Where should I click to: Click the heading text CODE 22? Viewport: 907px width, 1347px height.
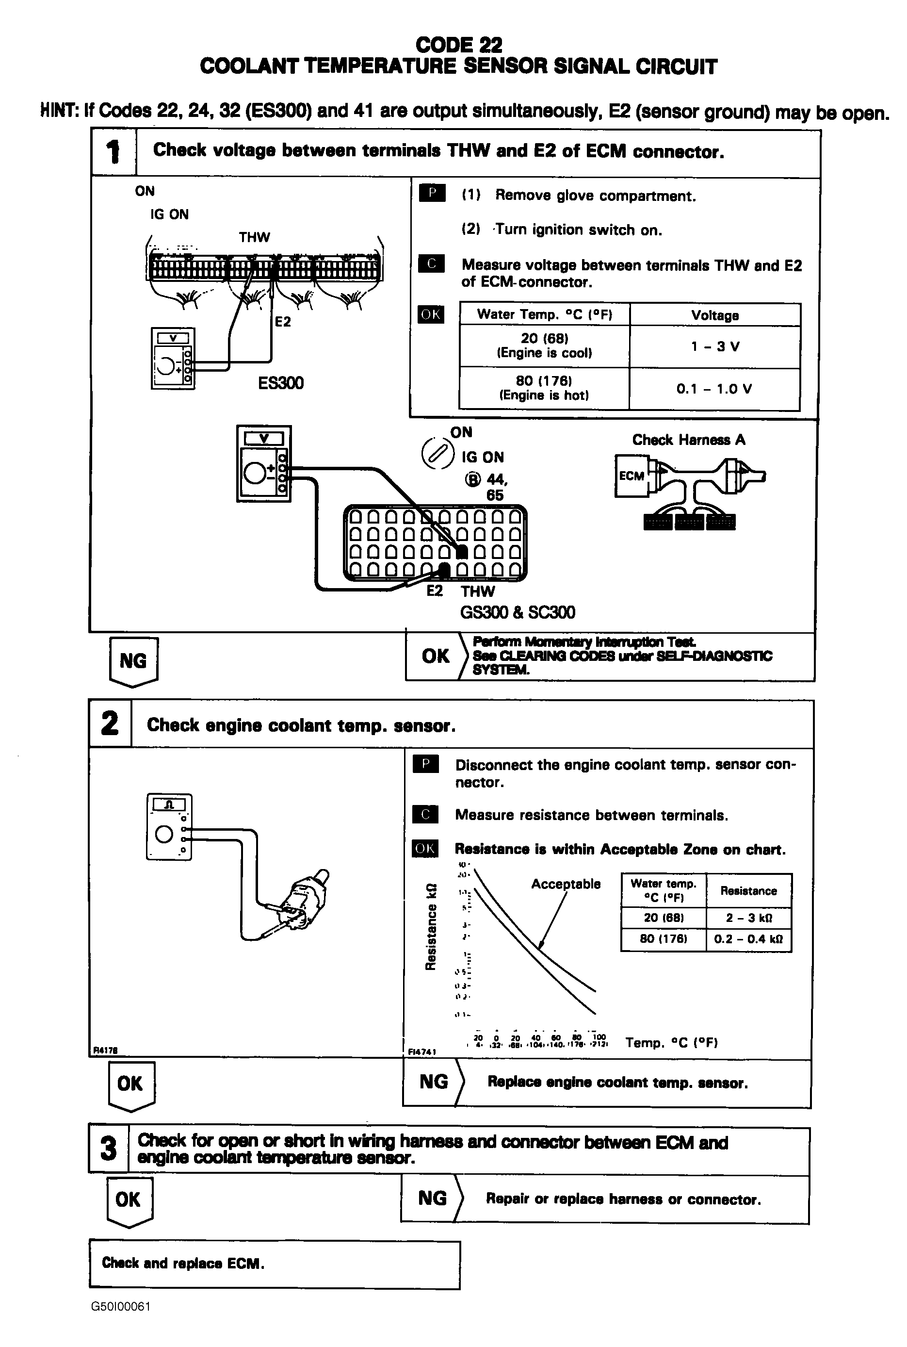pyautogui.click(x=459, y=45)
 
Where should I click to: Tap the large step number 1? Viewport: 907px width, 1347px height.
pyautogui.click(x=113, y=152)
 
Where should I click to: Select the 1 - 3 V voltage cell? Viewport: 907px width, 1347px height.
pyautogui.click(x=715, y=346)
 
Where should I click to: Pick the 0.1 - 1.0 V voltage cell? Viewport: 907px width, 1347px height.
pyautogui.click(x=714, y=389)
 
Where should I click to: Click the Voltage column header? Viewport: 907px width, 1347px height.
pyautogui.click(x=715, y=315)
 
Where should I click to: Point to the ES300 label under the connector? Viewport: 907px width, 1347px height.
pyautogui.click(x=280, y=383)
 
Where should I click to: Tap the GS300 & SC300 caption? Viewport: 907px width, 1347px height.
pyautogui.click(x=518, y=612)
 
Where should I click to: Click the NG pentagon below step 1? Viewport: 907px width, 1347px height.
pyautogui.click(x=133, y=661)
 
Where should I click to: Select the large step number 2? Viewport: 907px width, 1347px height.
pyautogui.click(x=110, y=724)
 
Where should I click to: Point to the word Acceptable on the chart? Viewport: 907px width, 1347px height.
pyautogui.click(x=566, y=884)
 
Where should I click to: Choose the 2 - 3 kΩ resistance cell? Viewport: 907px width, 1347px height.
pyautogui.click(x=748, y=918)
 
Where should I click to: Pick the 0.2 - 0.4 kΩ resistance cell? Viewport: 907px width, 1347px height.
pyautogui.click(x=748, y=938)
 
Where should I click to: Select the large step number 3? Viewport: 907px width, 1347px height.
pyautogui.click(x=108, y=1149)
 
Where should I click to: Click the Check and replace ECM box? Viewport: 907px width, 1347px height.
pyautogui.click(x=274, y=1263)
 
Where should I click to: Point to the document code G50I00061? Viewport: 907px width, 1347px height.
pyautogui.click(x=120, y=1307)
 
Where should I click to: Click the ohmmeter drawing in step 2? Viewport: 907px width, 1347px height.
pyautogui.click(x=169, y=827)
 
